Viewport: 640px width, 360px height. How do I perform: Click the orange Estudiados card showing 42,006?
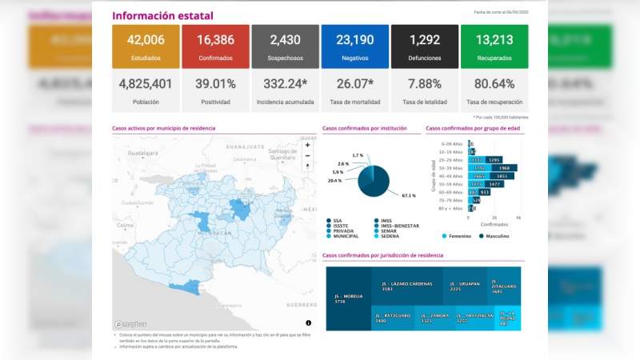click(146, 46)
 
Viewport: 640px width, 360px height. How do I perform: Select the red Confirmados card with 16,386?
click(215, 46)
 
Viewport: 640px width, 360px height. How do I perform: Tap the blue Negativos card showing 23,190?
click(354, 46)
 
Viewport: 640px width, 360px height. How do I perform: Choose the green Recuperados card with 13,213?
click(494, 46)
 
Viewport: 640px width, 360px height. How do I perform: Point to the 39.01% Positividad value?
click(215, 84)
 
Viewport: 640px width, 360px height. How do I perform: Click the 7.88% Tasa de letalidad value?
click(424, 84)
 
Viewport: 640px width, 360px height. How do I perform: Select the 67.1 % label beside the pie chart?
click(409, 195)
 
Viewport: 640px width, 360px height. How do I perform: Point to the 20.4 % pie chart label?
click(336, 181)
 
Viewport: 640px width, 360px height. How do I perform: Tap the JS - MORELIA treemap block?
click(349, 298)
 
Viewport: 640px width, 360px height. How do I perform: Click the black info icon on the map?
click(309, 322)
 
